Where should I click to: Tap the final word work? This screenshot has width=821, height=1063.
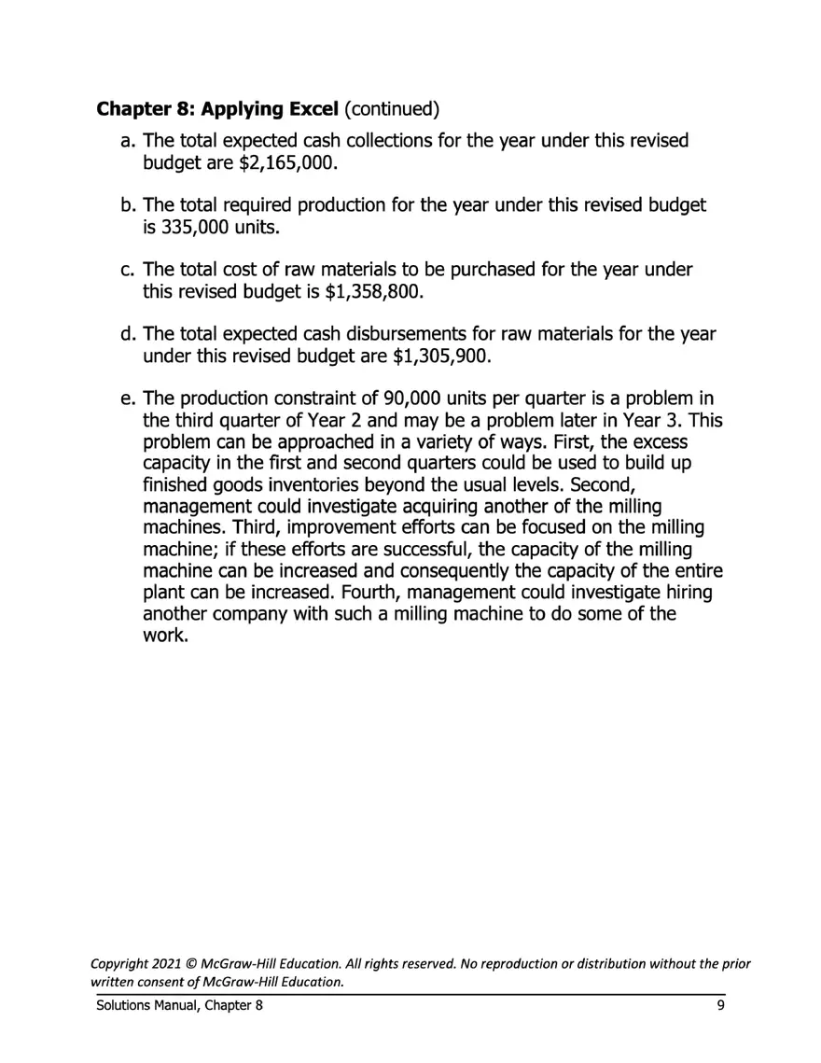[x=164, y=636]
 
